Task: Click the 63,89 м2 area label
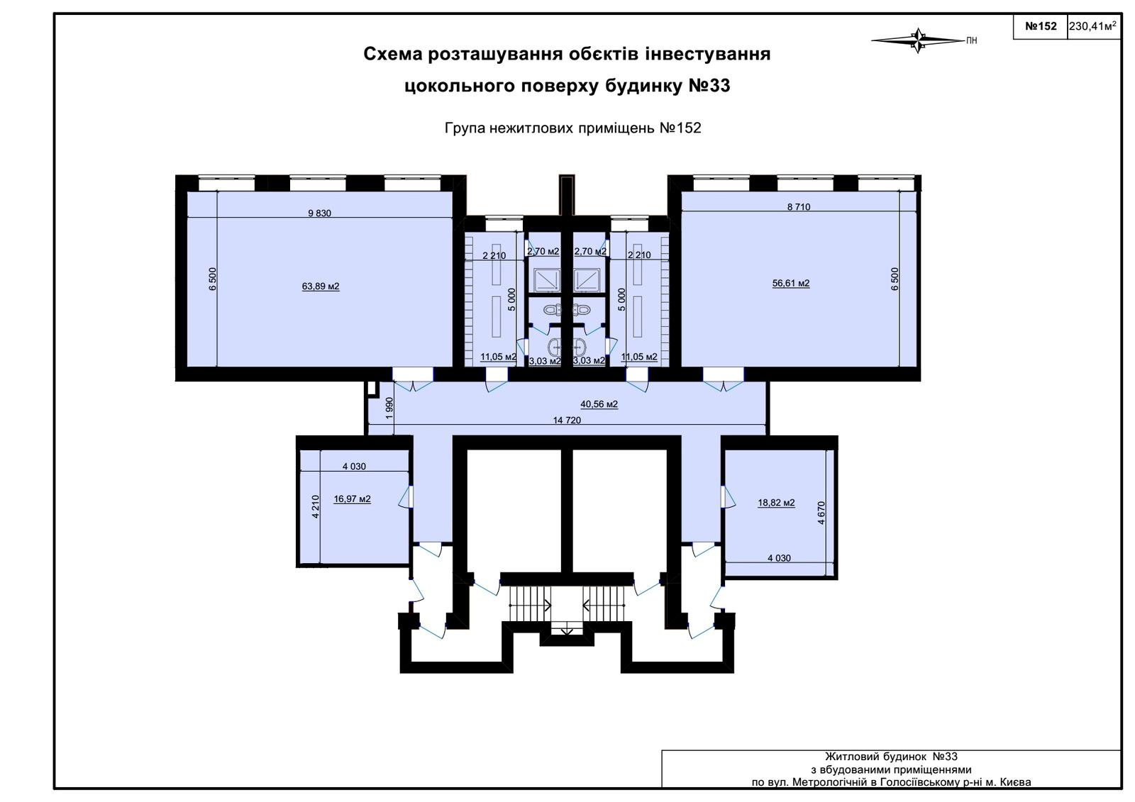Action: click(321, 286)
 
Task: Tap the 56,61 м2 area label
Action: click(790, 283)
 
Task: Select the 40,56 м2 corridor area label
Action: click(599, 404)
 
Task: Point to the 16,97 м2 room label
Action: click(352, 499)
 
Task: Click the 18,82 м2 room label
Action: click(776, 503)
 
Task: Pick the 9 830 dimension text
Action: click(320, 213)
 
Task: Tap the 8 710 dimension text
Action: click(799, 207)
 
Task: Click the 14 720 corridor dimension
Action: click(567, 420)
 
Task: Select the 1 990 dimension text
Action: click(389, 408)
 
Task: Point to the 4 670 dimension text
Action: click(821, 513)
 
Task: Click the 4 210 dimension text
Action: click(315, 506)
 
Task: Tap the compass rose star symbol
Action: click(918, 40)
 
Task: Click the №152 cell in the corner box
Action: click(1041, 26)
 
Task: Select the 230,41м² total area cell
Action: click(1092, 26)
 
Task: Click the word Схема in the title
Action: click(393, 54)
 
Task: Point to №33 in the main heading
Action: click(709, 86)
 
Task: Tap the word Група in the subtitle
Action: click(465, 128)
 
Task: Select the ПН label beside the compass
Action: click(971, 41)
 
